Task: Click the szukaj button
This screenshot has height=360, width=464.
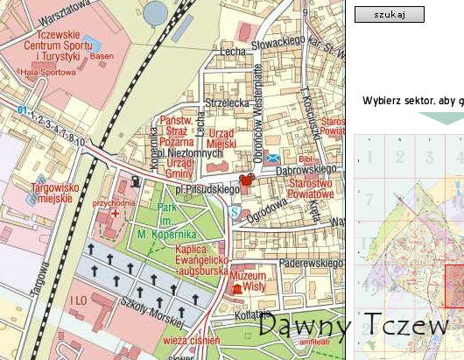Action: (389, 15)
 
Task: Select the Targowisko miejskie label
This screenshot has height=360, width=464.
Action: (39, 193)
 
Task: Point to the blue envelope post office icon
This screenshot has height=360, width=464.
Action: (275, 158)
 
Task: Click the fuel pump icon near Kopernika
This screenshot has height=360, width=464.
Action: (135, 182)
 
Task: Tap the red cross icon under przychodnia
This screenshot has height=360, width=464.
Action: (112, 214)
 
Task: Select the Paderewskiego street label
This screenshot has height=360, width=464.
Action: (307, 263)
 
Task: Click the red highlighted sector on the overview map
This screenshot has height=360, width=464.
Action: (453, 286)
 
